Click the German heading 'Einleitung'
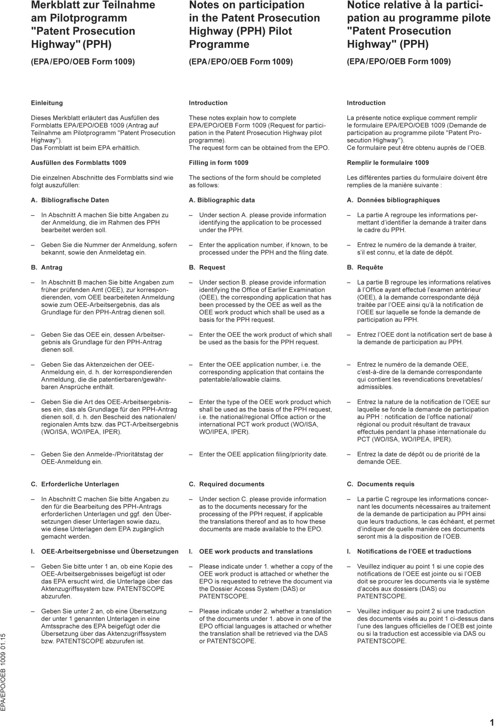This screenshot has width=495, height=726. point(47,103)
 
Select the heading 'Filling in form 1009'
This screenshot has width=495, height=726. point(218,163)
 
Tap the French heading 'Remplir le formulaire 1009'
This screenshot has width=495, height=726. point(388,163)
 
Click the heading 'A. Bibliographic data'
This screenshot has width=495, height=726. point(222,200)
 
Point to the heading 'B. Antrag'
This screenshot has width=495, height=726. point(47,268)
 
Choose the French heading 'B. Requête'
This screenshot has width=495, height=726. point(365,268)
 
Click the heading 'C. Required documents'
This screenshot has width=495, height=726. point(227,484)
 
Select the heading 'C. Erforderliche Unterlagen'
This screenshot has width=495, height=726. point(75,484)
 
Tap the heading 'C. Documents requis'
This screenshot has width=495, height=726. point(381,484)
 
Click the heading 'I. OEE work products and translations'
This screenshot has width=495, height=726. point(251,552)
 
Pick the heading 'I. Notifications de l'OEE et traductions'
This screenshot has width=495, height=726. point(409,552)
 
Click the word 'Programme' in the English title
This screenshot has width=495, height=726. point(219,45)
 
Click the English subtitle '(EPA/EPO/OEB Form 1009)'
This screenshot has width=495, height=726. point(241,62)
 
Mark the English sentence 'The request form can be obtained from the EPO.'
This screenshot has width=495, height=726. point(259,148)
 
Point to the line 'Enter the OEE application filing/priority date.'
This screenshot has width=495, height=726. point(263,454)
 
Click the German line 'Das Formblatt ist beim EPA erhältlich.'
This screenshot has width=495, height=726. point(86,148)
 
